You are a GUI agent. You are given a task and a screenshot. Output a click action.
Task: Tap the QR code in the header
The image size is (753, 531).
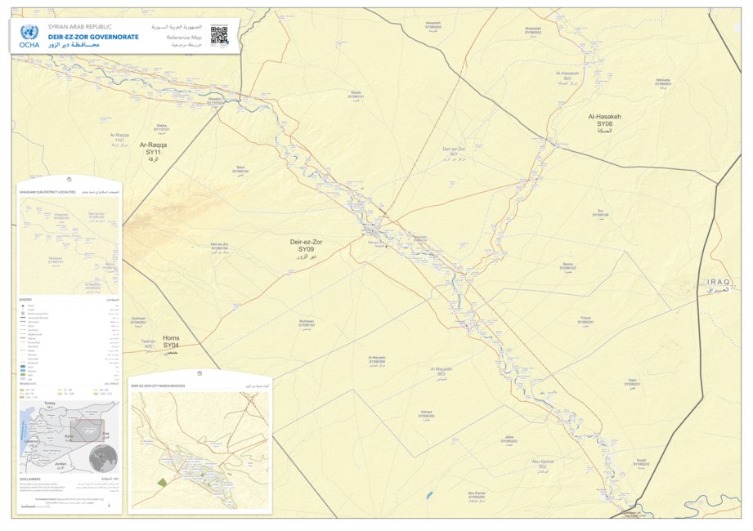[x=218, y=34]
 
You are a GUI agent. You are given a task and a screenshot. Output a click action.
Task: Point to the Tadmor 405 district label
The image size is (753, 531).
[x=147, y=344]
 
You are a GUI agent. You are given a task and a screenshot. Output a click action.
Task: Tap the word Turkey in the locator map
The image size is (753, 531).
[x=50, y=404]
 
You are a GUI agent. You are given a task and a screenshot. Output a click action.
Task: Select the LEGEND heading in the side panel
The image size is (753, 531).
[x=25, y=301]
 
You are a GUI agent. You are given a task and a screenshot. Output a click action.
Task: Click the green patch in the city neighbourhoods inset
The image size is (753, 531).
[x=162, y=482]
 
